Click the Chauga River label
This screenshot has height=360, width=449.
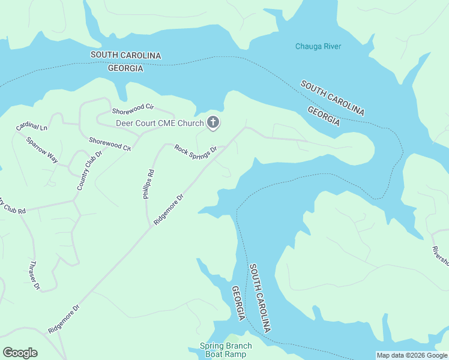pos(318,46)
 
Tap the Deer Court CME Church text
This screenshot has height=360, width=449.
pos(160,124)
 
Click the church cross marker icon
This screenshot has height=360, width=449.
pos(212,124)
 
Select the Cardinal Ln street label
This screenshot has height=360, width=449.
pos(32,127)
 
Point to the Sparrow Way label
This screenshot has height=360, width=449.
pos(42,149)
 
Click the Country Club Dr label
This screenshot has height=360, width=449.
pos(91,170)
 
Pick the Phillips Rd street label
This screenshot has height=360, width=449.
pos(149,184)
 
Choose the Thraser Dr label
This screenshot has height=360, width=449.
pos(33,275)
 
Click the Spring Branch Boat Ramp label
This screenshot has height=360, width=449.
pos(226,350)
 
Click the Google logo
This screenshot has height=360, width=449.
pos(20,353)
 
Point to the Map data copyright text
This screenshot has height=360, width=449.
pos(412,355)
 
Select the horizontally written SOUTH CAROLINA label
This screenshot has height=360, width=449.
pos(126,55)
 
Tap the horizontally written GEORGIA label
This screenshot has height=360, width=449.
pos(125,68)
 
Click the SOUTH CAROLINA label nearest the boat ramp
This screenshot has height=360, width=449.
pos(260,298)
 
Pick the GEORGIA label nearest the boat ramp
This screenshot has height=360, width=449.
pos(239,304)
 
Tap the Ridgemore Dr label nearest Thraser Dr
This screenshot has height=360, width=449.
pos(64,319)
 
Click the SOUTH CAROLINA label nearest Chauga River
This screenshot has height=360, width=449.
pos(333,98)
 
